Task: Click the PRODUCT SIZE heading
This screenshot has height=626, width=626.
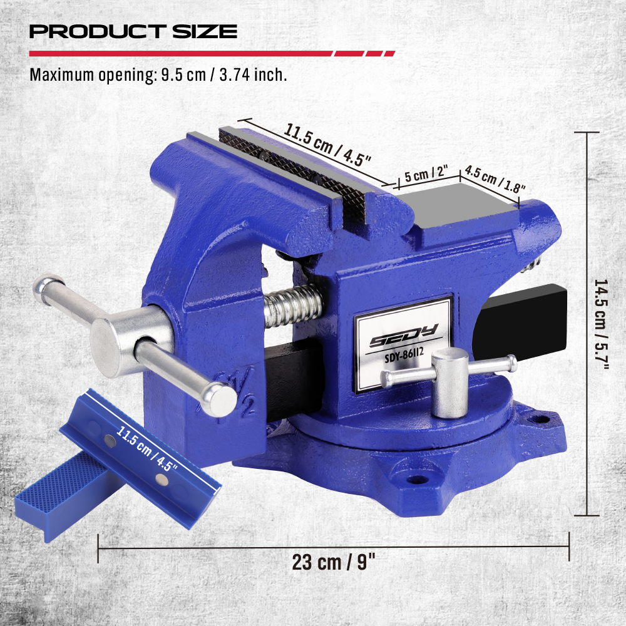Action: click(x=133, y=31)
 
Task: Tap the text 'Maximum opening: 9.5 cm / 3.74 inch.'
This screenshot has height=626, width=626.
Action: click(x=158, y=74)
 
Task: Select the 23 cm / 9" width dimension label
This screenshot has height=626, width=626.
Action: click(x=334, y=562)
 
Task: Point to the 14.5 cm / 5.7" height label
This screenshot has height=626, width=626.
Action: click(x=601, y=324)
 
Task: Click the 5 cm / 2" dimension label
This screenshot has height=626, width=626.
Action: click(x=426, y=174)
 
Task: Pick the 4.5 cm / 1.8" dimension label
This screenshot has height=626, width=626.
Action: click(x=495, y=179)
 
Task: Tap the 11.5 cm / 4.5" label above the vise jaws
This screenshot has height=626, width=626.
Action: click(x=327, y=145)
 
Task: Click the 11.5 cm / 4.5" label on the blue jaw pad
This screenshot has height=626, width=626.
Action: click(x=146, y=448)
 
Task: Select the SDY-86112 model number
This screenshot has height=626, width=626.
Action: click(x=404, y=354)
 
